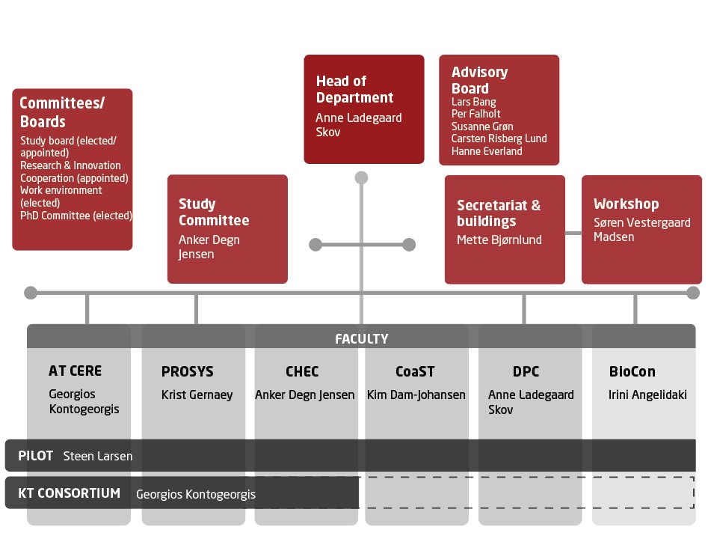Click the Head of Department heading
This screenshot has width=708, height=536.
(x=354, y=89)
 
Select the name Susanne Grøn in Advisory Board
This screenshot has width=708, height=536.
(x=482, y=127)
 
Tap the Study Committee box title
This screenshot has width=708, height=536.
(x=214, y=212)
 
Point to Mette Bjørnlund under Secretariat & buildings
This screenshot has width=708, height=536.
(x=499, y=240)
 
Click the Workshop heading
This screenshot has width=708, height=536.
(x=626, y=204)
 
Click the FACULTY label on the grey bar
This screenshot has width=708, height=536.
(x=362, y=339)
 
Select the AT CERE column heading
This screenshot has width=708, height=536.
(x=75, y=371)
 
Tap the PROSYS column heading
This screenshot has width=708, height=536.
(x=188, y=371)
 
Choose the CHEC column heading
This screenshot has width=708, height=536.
(x=302, y=371)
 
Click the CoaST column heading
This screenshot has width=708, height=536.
(x=415, y=371)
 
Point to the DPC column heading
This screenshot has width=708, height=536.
(x=526, y=371)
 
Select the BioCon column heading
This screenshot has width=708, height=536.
(x=632, y=371)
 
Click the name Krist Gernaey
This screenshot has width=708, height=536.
(x=197, y=395)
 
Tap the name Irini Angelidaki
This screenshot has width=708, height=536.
(x=647, y=395)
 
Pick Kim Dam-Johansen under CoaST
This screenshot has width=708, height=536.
(x=416, y=395)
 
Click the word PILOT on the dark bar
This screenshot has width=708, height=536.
(x=36, y=455)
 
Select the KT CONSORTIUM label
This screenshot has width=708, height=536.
(x=69, y=493)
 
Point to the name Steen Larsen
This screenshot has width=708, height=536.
(x=98, y=455)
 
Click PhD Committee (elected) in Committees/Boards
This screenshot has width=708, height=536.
(x=76, y=216)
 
